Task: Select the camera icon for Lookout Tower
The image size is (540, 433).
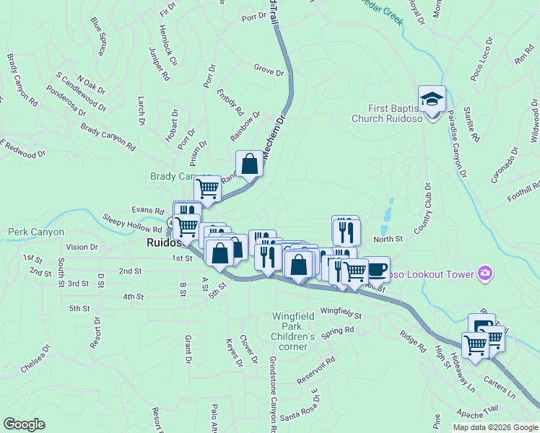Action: point(485,274)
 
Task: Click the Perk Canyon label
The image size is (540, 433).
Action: point(36,232)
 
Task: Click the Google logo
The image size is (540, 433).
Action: point(24,424)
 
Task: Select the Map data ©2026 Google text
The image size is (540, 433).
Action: point(495,427)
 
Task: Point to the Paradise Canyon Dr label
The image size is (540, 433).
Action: point(457,141)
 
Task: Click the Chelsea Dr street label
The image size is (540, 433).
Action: point(35,359)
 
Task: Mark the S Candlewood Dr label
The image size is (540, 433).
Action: point(80,92)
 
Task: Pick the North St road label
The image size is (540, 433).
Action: point(388,239)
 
